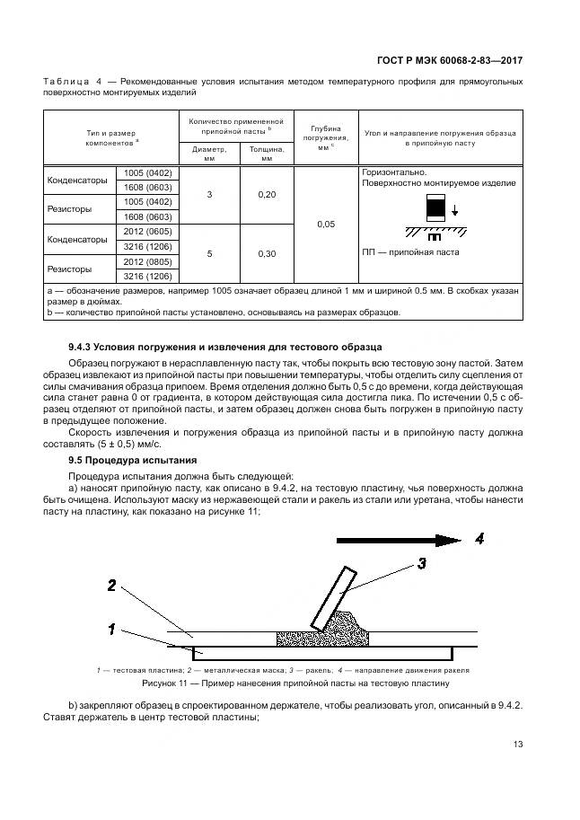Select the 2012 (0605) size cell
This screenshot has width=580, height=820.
148,231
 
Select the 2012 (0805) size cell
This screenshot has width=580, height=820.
148,260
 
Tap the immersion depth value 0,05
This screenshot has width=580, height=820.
326,224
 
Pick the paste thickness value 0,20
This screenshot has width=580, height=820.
267,194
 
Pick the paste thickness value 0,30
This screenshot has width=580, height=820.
267,253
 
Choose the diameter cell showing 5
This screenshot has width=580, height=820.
209,253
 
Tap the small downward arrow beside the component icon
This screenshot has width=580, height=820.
455,211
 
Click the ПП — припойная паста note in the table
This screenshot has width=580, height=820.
410,252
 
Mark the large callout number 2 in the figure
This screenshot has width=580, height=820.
111,586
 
